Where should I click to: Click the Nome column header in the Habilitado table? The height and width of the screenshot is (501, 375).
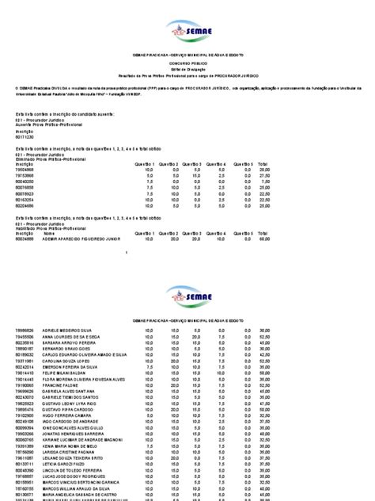click(x=49, y=234)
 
